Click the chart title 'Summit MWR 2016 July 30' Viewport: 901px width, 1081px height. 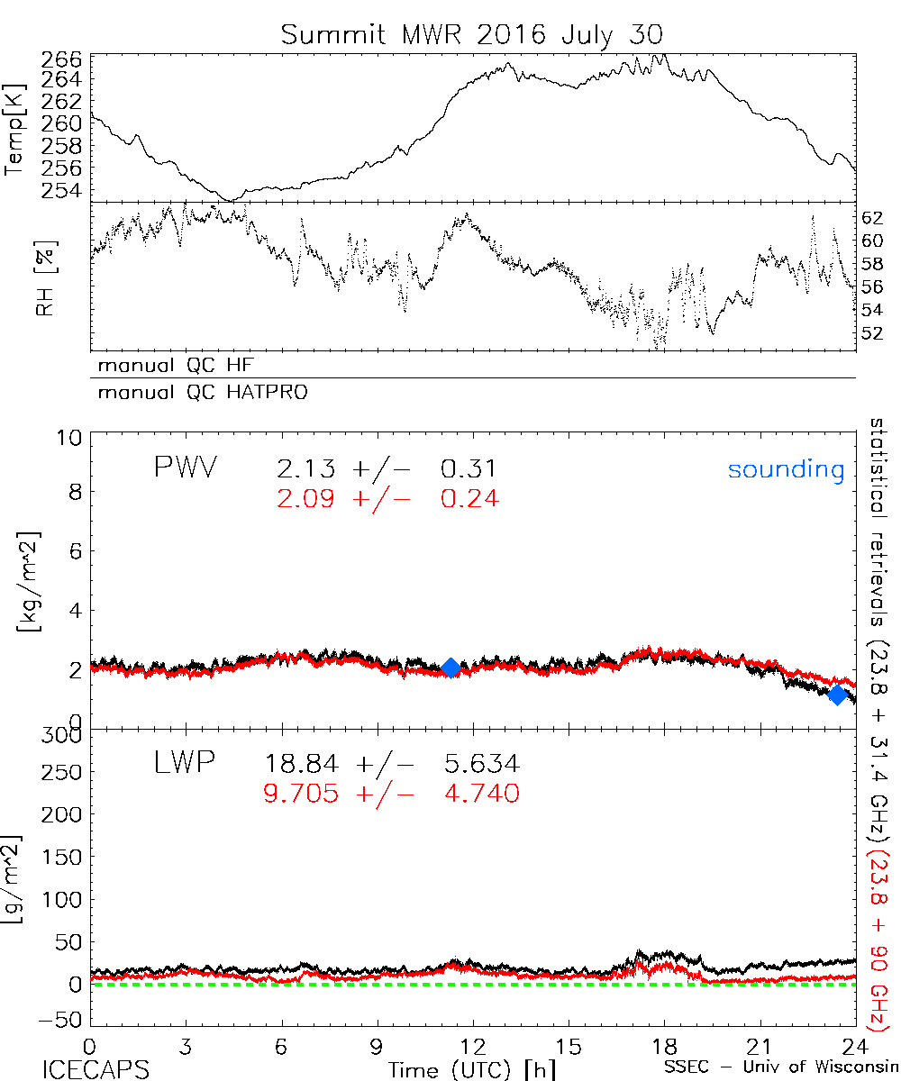[x=472, y=35]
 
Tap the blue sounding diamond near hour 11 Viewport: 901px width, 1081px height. [x=451, y=668]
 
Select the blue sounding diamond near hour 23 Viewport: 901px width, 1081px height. [x=837, y=695]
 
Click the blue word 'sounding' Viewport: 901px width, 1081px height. [x=787, y=469]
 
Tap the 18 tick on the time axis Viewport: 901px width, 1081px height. [x=664, y=1048]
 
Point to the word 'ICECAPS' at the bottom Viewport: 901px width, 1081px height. [x=93, y=1069]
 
